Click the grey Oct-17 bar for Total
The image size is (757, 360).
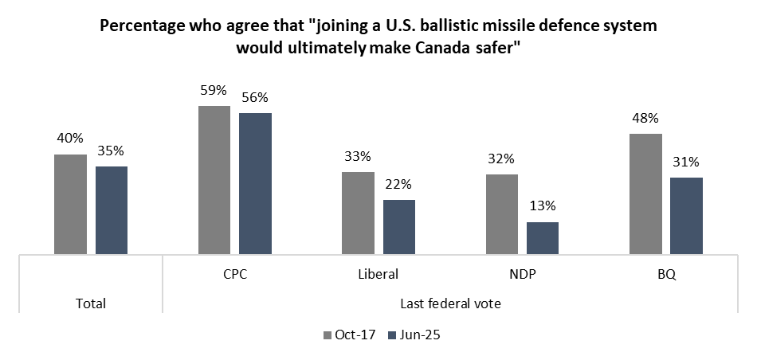coord(70,204)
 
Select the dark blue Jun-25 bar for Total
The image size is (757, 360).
coord(112,210)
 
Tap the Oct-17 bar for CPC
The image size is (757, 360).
coord(214,180)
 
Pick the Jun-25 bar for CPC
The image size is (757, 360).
coord(256,183)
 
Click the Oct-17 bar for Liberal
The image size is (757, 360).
coord(359,213)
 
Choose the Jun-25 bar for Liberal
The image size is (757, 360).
coord(398,227)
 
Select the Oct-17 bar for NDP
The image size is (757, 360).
coord(502,214)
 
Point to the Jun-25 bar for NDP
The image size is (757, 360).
coord(543,238)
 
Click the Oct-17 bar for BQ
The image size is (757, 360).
coord(646,194)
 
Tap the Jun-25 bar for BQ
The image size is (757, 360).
coord(687,216)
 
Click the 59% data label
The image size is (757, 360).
coord(214,90)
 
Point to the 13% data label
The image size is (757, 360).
coord(543,206)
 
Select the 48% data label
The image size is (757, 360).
coord(646,118)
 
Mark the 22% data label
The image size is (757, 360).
coord(398,184)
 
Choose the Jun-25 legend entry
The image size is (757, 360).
coord(414,335)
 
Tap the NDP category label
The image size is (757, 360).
coord(523,275)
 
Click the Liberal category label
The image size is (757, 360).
coord(378,275)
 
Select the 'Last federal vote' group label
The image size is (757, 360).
coord(450,303)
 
